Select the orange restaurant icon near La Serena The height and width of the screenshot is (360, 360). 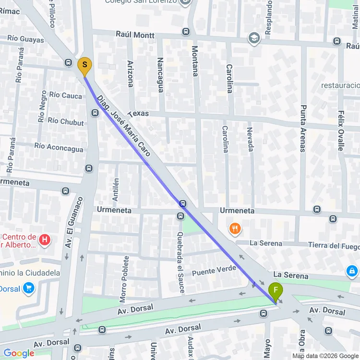(x=235, y=228)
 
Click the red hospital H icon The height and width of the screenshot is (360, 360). (x=45, y=239)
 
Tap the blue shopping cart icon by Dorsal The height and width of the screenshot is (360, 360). (x=29, y=288)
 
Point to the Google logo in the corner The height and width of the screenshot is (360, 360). (x=18, y=353)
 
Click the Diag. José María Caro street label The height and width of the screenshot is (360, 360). (x=124, y=126)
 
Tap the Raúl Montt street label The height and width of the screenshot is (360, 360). (x=135, y=35)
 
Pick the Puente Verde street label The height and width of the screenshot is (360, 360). (x=214, y=271)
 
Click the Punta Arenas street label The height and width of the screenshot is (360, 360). (x=303, y=128)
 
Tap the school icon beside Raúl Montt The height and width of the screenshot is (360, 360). (x=253, y=37)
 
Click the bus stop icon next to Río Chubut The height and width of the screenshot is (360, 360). (x=95, y=113)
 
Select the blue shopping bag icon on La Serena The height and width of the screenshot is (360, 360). (x=352, y=272)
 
